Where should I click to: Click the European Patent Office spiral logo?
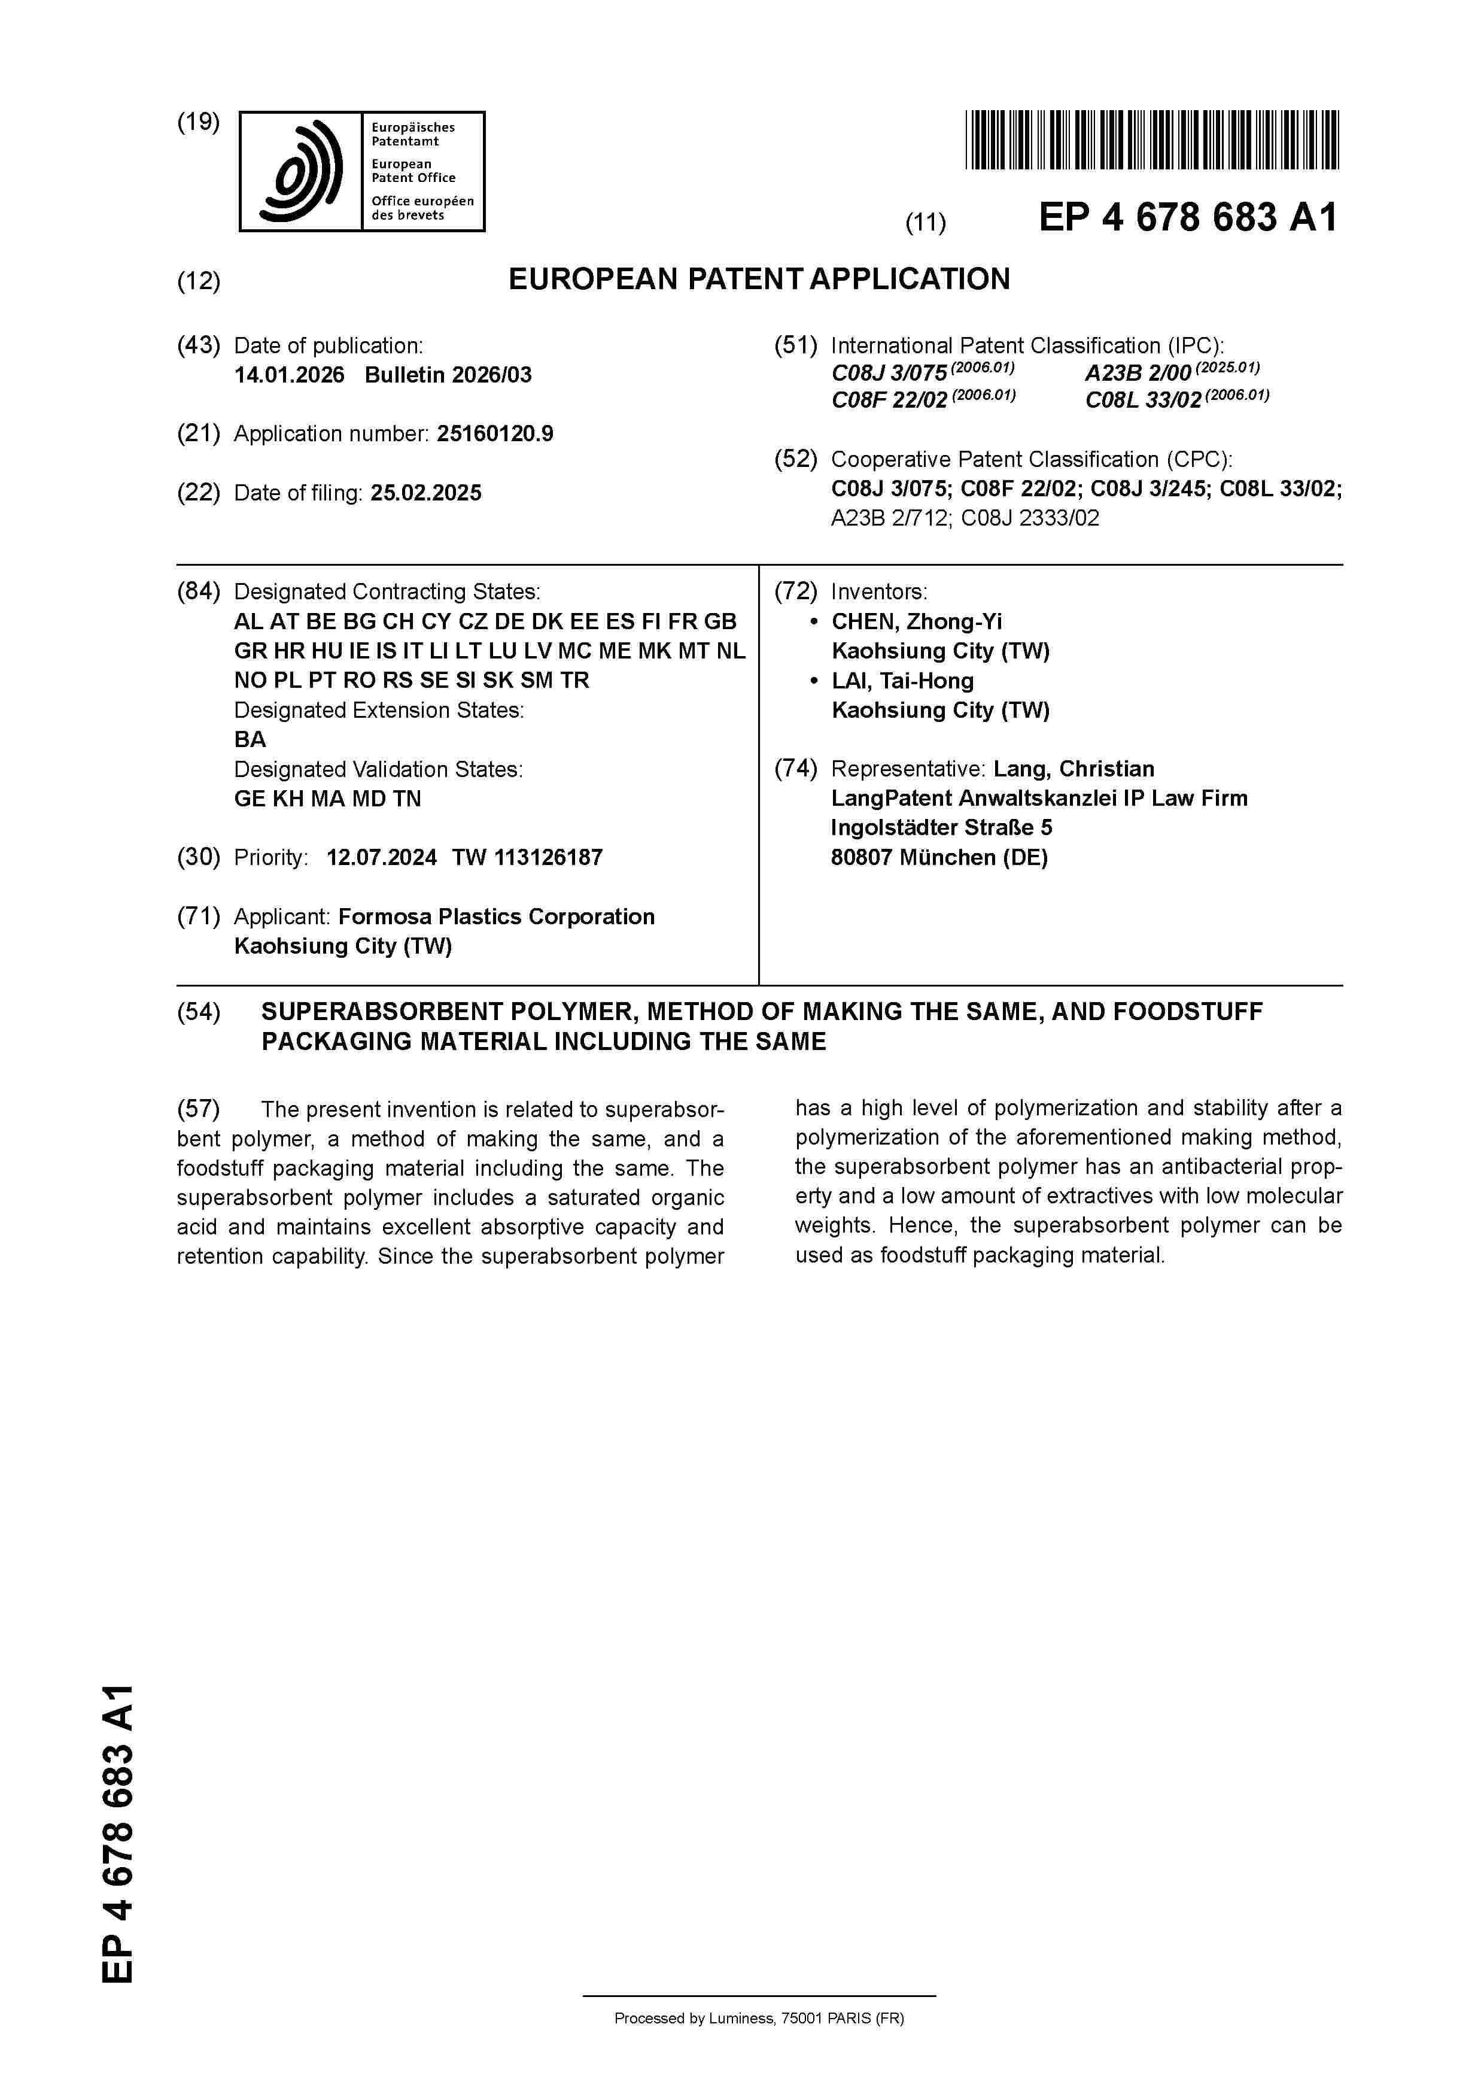pos(301,172)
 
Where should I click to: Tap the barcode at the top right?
pos(1151,140)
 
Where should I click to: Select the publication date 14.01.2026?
pos(289,375)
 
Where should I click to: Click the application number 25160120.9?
pos(495,433)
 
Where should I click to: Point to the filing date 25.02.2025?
pos(425,493)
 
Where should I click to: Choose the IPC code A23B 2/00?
pos(1138,373)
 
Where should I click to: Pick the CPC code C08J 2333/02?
pos(1030,518)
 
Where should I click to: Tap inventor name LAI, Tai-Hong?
pos(902,681)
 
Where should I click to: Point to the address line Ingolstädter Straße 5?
pos(941,828)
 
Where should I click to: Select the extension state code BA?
pos(250,740)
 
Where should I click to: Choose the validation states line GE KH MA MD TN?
pos(327,799)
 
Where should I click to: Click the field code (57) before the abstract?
pos(199,1109)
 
